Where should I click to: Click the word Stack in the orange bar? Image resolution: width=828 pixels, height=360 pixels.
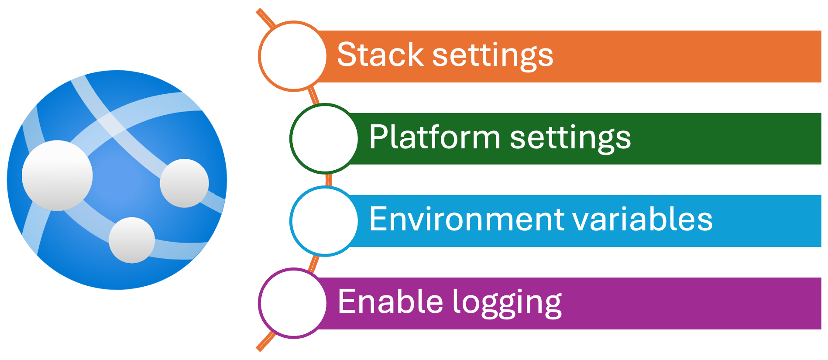[x=380, y=55]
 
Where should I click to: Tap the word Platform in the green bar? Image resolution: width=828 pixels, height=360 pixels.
[x=434, y=137]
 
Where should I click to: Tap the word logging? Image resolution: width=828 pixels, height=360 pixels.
[x=507, y=303]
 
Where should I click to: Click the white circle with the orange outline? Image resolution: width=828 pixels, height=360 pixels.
[x=293, y=56]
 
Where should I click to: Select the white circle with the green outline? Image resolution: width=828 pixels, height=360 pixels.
[x=324, y=138]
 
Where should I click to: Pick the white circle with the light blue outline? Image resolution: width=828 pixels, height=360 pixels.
[x=324, y=221]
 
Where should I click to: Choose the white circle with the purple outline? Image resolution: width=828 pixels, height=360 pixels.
[x=293, y=303]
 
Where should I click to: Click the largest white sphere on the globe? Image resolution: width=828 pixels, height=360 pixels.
[x=57, y=175]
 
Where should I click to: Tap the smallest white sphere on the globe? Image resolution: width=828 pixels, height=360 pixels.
[x=132, y=240]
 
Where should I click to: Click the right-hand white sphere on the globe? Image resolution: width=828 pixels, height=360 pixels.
[x=184, y=183]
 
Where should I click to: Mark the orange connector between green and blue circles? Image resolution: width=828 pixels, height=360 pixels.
[x=328, y=179]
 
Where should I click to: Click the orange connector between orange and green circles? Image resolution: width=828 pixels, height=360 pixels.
[x=313, y=96]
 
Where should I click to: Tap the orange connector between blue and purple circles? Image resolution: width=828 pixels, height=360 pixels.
[x=314, y=263]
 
